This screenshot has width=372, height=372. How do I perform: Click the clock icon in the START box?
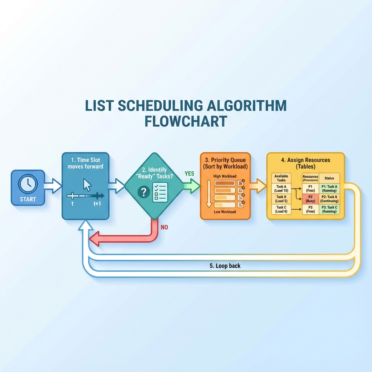[x=28, y=184]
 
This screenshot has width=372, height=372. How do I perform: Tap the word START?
[x=28, y=199]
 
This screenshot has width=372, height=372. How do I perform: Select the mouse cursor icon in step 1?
[x=87, y=185]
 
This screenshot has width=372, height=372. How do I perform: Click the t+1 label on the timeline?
[x=97, y=204]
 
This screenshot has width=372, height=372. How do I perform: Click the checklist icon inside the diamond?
[x=160, y=191]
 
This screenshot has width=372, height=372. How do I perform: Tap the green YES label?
[x=190, y=174]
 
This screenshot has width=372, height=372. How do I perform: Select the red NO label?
[x=165, y=227]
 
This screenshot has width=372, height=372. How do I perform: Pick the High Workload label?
[x=225, y=176]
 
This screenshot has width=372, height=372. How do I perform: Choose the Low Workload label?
[x=225, y=212]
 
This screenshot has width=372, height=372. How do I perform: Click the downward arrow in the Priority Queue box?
[x=209, y=194]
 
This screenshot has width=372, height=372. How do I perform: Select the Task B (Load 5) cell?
[x=281, y=199]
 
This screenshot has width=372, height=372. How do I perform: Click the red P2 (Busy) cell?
[x=310, y=199]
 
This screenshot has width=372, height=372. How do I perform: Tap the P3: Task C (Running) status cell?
[x=329, y=209]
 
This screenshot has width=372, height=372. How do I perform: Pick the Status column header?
[x=329, y=178]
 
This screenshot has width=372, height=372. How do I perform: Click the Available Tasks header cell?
[x=281, y=178]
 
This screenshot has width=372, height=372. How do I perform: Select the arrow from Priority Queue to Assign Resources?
[x=258, y=186]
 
